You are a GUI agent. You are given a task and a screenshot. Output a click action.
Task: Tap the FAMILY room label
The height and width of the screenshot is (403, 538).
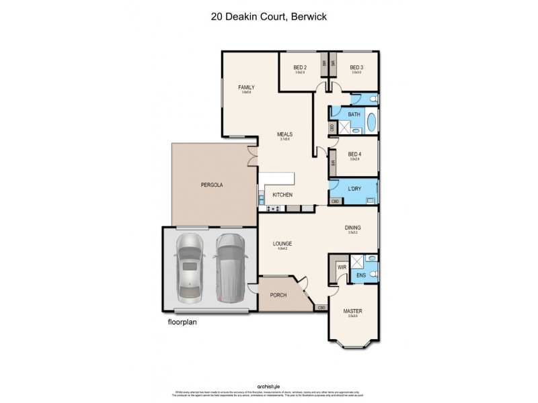pyautogui.click(x=246, y=87)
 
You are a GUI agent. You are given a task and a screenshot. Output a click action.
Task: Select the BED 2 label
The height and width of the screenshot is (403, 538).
pyautogui.click(x=300, y=67)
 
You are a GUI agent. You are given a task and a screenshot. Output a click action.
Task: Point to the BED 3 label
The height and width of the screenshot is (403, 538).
pyautogui.click(x=356, y=67)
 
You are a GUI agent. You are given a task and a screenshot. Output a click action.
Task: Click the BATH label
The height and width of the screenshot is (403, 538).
pyautogui.click(x=354, y=115)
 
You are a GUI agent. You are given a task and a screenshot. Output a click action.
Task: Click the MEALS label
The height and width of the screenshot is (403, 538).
pyautogui.click(x=285, y=134)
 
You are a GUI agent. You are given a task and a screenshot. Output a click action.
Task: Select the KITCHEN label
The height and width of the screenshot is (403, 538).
pyautogui.click(x=282, y=195)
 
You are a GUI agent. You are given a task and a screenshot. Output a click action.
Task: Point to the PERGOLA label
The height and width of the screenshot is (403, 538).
pyautogui.click(x=212, y=184)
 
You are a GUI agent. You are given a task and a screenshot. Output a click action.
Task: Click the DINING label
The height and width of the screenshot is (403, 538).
pyautogui.click(x=352, y=228)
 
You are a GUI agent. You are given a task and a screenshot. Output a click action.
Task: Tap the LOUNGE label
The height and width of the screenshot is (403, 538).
pyautogui.click(x=281, y=244)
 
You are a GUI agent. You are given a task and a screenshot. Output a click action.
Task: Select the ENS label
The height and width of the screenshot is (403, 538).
pyautogui.click(x=360, y=274)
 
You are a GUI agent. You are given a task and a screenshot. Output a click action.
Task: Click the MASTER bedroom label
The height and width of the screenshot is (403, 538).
pyautogui.click(x=352, y=311)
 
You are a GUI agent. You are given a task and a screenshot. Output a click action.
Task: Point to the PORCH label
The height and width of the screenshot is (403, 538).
pyautogui.click(x=278, y=295)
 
